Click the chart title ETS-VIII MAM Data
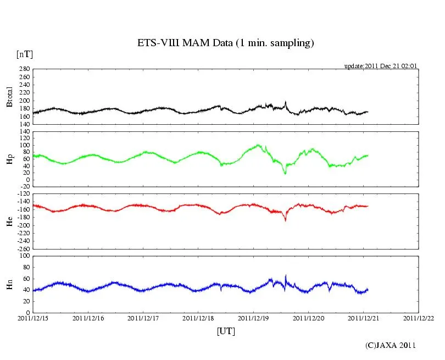(x=225, y=43)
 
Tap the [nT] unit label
(x=24, y=54)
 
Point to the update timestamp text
(x=381, y=66)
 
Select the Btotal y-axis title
(x=9, y=97)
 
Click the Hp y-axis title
(x=9, y=159)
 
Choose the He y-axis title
(x=9, y=221)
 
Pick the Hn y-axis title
(x=9, y=284)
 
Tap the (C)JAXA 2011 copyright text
(x=391, y=345)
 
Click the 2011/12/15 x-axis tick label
(x=33, y=318)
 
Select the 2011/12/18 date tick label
(x=198, y=318)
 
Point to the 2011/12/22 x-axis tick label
(x=419, y=318)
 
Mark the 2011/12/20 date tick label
(x=309, y=318)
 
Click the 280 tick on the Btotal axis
(x=24, y=69)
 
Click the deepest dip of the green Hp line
(x=285, y=174)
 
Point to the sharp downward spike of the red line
(x=286, y=220)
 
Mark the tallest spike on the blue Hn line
(x=286, y=275)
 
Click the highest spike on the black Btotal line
(x=286, y=102)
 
